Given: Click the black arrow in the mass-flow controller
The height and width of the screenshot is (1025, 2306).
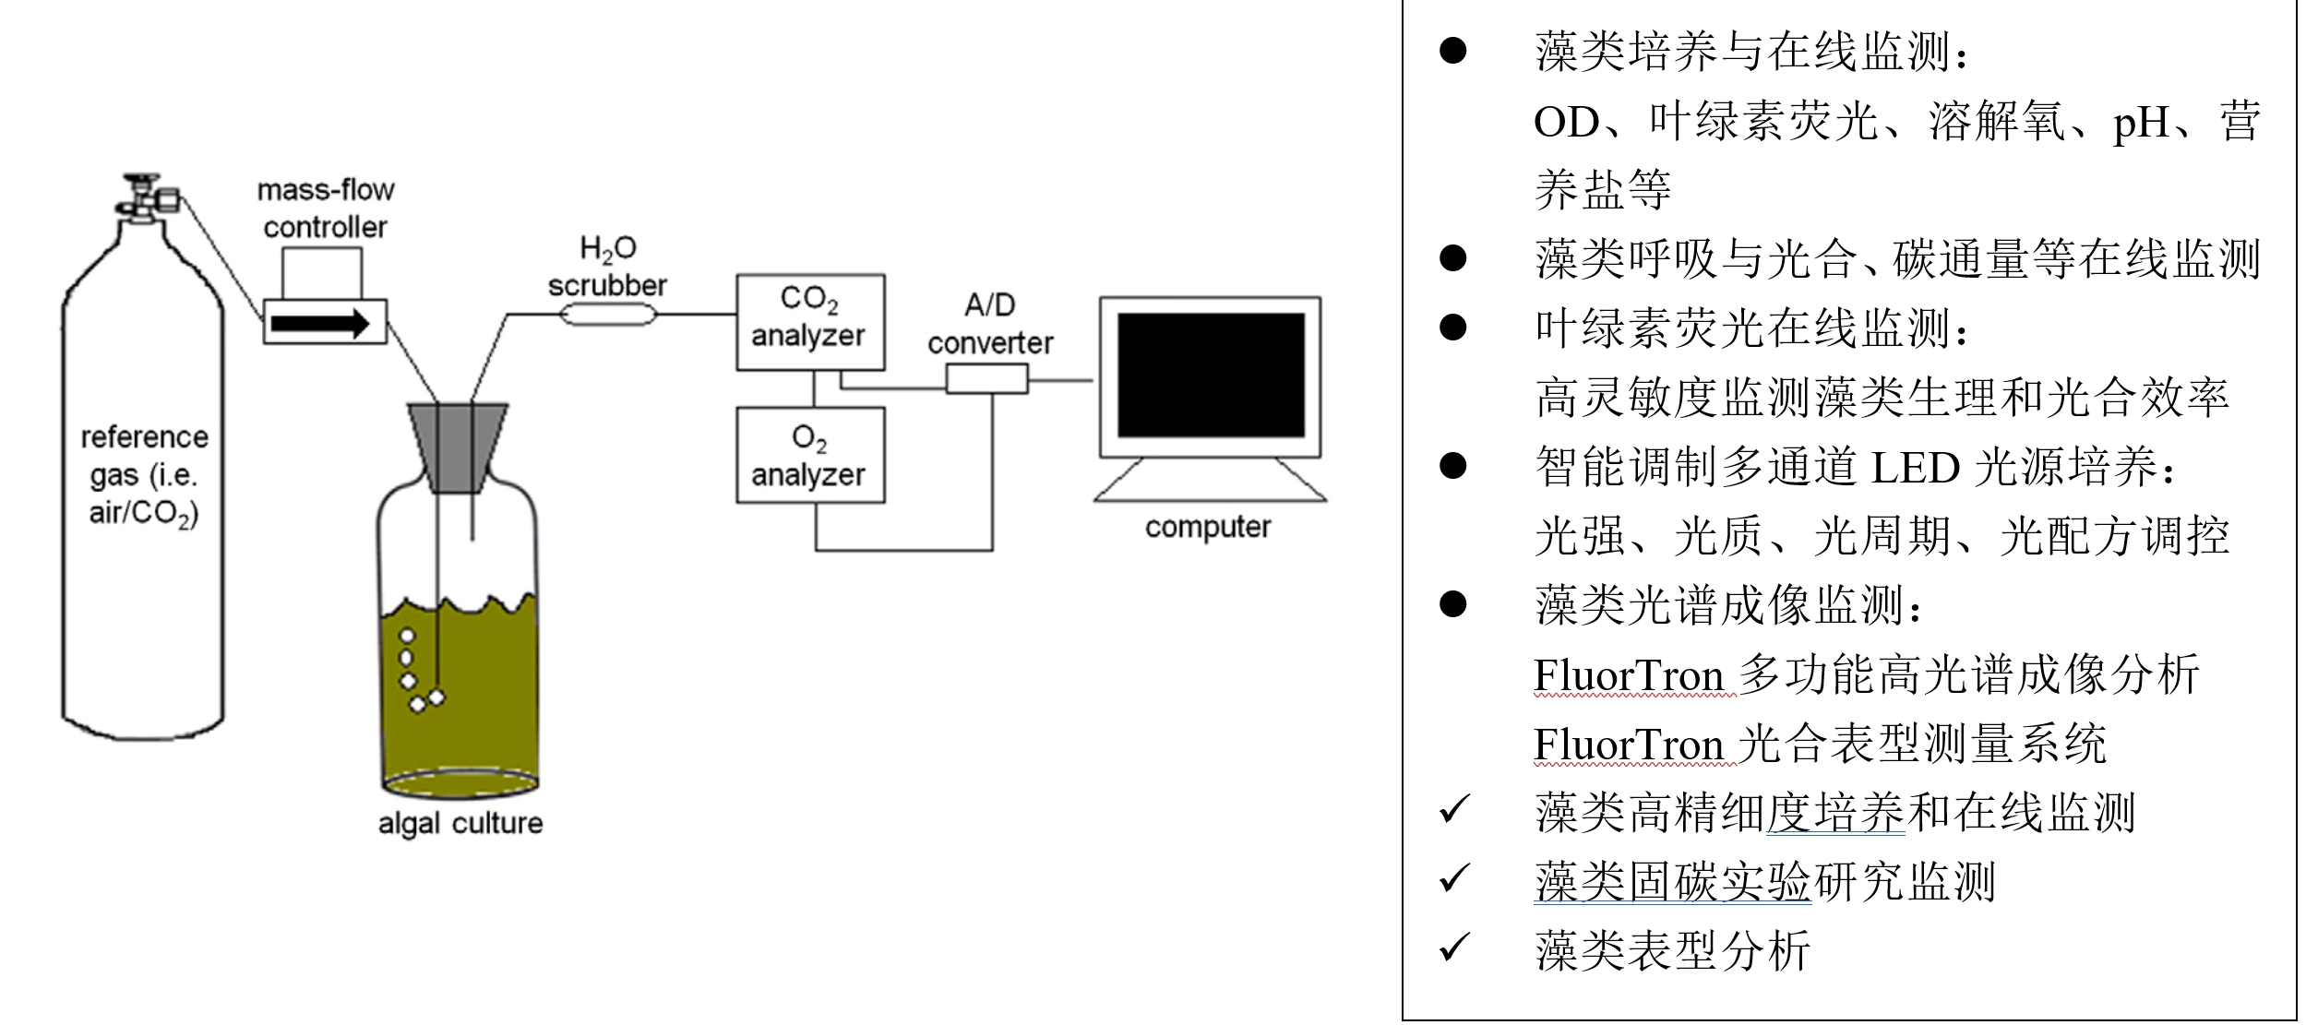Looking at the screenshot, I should pyautogui.click(x=319, y=323).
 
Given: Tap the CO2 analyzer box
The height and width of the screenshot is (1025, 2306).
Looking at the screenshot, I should pyautogui.click(x=809, y=321).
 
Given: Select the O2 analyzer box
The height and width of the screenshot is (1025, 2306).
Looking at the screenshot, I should pyautogui.click(x=809, y=455).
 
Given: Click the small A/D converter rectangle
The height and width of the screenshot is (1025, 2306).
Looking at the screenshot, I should pyautogui.click(x=986, y=378).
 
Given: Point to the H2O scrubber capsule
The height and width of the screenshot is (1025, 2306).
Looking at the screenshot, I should pyautogui.click(x=608, y=316).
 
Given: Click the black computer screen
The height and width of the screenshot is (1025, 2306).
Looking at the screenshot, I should pyautogui.click(x=1210, y=375).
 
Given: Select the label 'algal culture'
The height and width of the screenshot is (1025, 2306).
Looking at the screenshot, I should pyautogui.click(x=460, y=822).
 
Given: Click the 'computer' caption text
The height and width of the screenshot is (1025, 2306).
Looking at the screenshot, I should pyautogui.click(x=1207, y=527).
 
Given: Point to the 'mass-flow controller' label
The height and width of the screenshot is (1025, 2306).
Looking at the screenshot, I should pyautogui.click(x=325, y=209).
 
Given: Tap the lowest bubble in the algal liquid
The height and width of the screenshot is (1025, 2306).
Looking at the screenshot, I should pyautogui.click(x=417, y=705).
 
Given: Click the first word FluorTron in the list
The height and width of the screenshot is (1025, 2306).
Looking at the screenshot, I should pyautogui.click(x=1628, y=675).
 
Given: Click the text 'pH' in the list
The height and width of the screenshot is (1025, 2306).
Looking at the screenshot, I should pyautogui.click(x=2141, y=123).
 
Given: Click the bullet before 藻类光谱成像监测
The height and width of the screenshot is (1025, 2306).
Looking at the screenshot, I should pyautogui.click(x=1452, y=604).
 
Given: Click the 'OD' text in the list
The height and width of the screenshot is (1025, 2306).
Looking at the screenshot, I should pyautogui.click(x=1566, y=123).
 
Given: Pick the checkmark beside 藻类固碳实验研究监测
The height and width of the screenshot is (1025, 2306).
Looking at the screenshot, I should pyautogui.click(x=1453, y=878).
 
